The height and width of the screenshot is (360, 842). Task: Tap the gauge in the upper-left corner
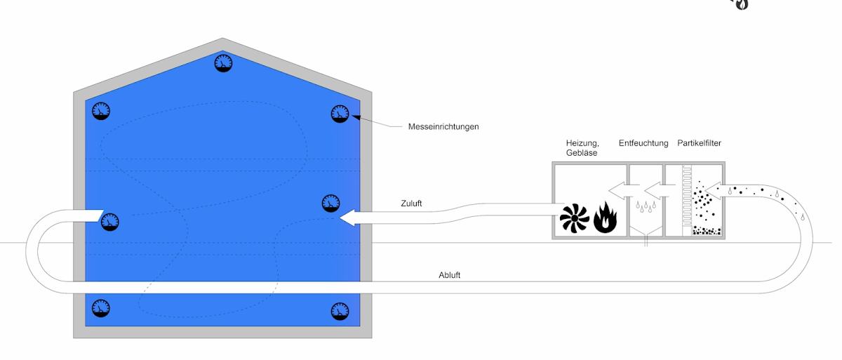pyautogui.click(x=102, y=112)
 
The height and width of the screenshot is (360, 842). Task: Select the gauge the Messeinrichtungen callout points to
pyautogui.click(x=340, y=113)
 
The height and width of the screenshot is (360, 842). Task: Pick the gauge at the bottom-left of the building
pyautogui.click(x=102, y=307)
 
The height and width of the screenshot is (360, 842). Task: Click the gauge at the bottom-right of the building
pyautogui.click(x=340, y=309)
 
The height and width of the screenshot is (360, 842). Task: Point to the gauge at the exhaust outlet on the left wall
pyautogui.click(x=109, y=222)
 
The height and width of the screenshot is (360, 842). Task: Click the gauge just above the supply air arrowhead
pyautogui.click(x=330, y=203)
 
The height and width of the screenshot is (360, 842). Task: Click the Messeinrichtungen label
pyautogui.click(x=443, y=127)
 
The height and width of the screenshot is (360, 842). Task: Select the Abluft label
pyautogui.click(x=449, y=274)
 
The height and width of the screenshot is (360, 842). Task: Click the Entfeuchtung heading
pyautogui.click(x=643, y=144)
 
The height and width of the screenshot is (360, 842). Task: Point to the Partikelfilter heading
pyautogui.click(x=700, y=144)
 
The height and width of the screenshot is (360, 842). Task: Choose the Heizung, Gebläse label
pyautogui.click(x=582, y=148)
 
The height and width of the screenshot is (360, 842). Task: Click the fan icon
pyautogui.click(x=575, y=219)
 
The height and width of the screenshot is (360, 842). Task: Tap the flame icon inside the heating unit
pyautogui.click(x=605, y=218)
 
